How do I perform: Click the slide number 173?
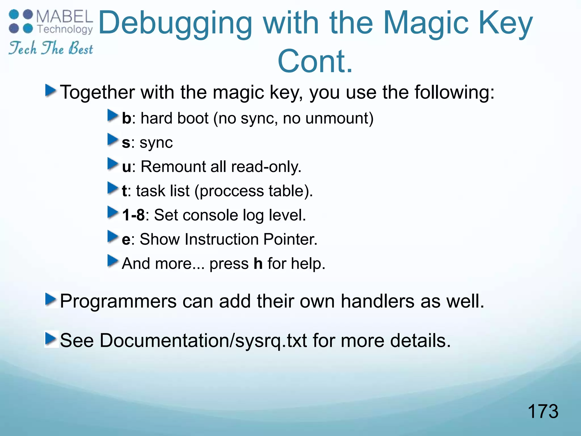pos(543,412)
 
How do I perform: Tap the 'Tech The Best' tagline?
pos(50,48)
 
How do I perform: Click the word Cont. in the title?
pos(315,61)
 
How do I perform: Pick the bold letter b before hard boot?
pos(127,118)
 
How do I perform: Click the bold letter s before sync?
pos(126,143)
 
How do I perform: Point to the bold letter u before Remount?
pos(127,167)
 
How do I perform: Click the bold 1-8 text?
pos(133,215)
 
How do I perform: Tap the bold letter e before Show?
pos(126,240)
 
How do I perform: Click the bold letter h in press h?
pos(258,263)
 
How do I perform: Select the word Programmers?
pos(118,301)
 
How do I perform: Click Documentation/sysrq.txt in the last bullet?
pos(203,340)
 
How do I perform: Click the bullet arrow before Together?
pos(50,91)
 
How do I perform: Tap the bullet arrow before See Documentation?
pos(50,339)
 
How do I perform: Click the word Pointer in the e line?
pos(290,239)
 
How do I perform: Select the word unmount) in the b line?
pos(339,118)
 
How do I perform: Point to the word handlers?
pos(377,301)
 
